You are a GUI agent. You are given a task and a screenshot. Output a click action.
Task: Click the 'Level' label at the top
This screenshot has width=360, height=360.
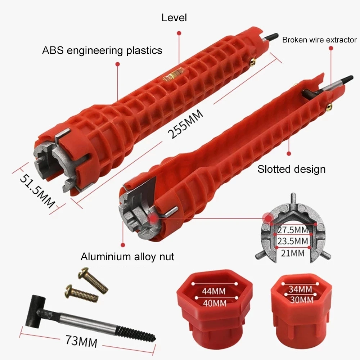pyautogui.click(x=174, y=18)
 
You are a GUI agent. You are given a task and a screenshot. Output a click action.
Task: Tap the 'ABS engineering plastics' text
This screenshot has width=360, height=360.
pyautogui.click(x=102, y=50)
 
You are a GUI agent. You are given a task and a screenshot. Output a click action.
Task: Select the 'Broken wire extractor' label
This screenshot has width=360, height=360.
pyautogui.click(x=319, y=40)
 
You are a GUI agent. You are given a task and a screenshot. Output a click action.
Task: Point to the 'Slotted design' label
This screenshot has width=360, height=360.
pyautogui.click(x=291, y=169)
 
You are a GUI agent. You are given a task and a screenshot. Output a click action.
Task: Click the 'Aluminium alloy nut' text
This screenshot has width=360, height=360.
pyautogui.click(x=127, y=256)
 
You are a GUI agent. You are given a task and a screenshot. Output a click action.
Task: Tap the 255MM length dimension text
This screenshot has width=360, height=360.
pyautogui.click(x=185, y=124)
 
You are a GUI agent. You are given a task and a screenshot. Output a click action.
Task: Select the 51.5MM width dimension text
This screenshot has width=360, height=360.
pyautogui.click(x=37, y=191)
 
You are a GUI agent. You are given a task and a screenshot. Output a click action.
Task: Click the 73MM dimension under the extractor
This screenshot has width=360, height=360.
pyautogui.click(x=81, y=341)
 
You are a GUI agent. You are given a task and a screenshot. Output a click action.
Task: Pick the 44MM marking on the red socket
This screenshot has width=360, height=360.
pyautogui.click(x=214, y=291)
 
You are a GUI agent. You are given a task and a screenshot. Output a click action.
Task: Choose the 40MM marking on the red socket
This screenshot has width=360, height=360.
pyautogui.click(x=215, y=303)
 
